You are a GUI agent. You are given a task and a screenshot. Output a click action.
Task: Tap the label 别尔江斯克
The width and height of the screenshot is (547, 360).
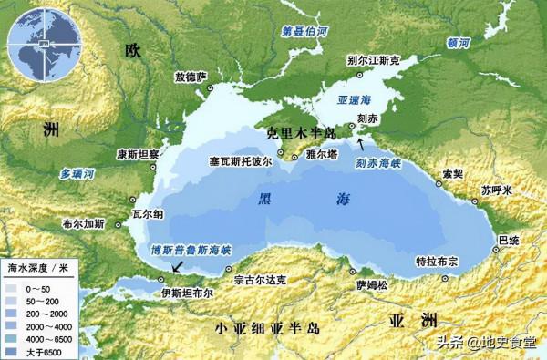pos(375,61)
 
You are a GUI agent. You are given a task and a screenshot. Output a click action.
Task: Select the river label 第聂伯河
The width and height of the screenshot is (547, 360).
pos(304,30)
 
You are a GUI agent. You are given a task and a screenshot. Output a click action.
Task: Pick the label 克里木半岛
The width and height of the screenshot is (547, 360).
pos(294,132)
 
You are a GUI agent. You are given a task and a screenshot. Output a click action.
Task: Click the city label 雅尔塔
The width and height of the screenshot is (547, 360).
pos(323,155)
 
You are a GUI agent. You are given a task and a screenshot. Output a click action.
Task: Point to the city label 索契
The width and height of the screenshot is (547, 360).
pos(452,172)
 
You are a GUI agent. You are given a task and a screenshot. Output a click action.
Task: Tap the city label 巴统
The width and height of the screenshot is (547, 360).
pos(508,239)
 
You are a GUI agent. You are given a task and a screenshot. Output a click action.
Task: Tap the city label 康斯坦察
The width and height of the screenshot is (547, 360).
pos(138,154)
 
